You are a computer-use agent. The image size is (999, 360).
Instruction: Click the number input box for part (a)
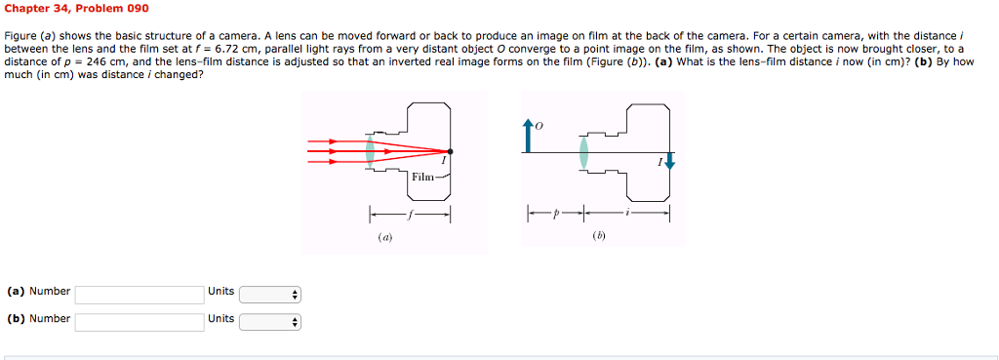(139, 294)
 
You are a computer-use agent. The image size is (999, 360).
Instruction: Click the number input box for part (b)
(139, 321)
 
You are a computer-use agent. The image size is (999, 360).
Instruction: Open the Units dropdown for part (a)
(270, 294)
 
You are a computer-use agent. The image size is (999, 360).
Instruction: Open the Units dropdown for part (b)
(270, 321)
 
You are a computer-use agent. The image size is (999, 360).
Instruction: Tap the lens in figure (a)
(370, 150)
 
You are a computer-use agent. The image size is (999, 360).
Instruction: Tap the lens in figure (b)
(582, 151)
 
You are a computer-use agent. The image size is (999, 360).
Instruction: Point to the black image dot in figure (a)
(450, 150)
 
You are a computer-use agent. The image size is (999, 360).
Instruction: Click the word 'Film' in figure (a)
(422, 177)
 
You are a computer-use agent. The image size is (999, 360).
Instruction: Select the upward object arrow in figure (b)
(528, 137)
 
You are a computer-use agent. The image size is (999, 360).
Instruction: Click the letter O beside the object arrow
(538, 125)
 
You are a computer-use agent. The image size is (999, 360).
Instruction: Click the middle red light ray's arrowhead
(333, 151)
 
